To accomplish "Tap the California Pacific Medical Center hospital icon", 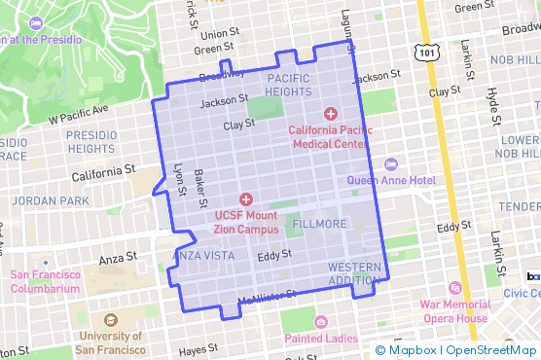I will (x=331, y=113).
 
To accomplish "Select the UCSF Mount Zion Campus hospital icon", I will (x=245, y=198).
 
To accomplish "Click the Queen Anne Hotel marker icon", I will (x=391, y=163).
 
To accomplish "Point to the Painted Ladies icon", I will (x=321, y=322).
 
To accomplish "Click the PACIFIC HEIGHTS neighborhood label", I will (x=288, y=86).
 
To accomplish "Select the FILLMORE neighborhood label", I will (x=318, y=224).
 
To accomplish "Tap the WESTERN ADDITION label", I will (x=354, y=273).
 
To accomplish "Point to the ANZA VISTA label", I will (x=203, y=255).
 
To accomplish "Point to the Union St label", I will (x=220, y=33).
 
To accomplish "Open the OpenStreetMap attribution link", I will (x=493, y=350).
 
